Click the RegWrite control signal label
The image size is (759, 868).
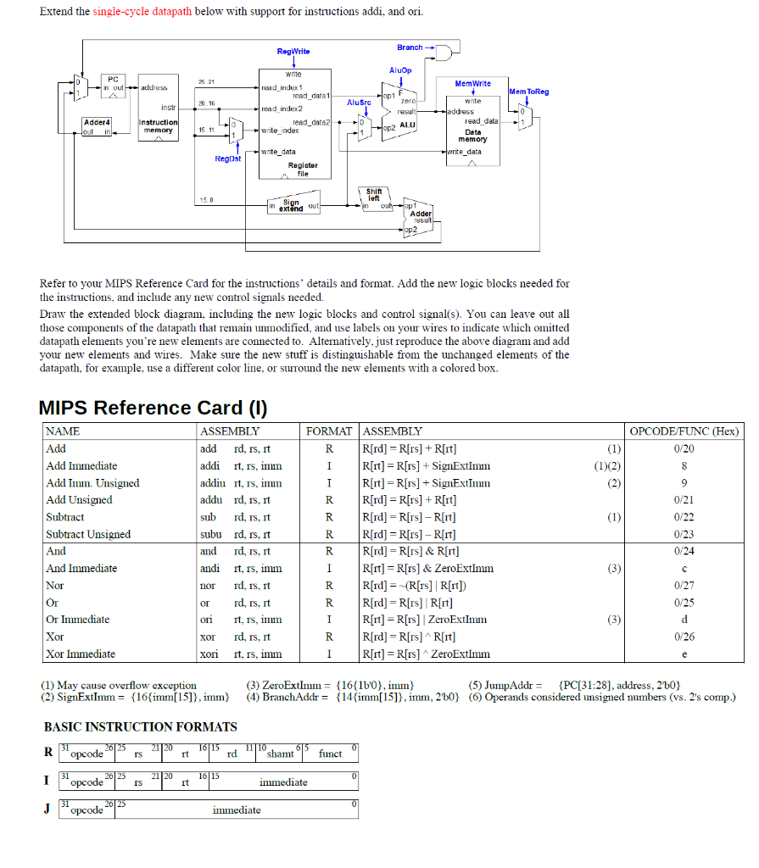[x=293, y=53]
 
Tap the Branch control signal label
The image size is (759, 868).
[x=410, y=47]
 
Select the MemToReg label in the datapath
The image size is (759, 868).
[x=528, y=92]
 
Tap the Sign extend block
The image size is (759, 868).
[x=291, y=206]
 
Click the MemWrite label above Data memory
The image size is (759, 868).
[x=472, y=85]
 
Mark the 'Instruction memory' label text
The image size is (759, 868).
[x=159, y=126]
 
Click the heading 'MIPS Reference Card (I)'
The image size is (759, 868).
[x=153, y=408]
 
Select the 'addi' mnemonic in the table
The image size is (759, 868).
[x=209, y=465]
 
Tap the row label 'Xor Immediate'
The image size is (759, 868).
[x=81, y=654]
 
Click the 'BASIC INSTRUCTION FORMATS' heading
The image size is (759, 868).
[x=140, y=726]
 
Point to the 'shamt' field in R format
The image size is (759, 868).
[x=280, y=754]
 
